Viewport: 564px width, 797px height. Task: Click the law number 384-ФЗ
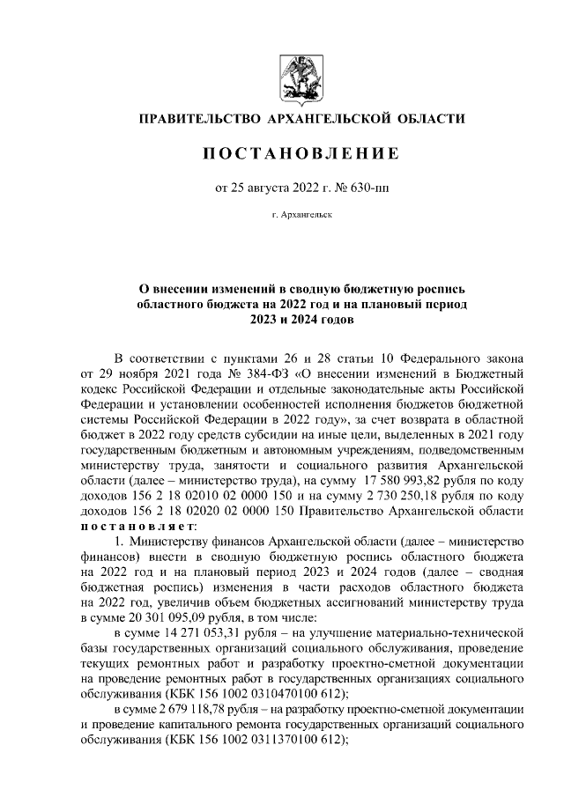coord(238,373)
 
